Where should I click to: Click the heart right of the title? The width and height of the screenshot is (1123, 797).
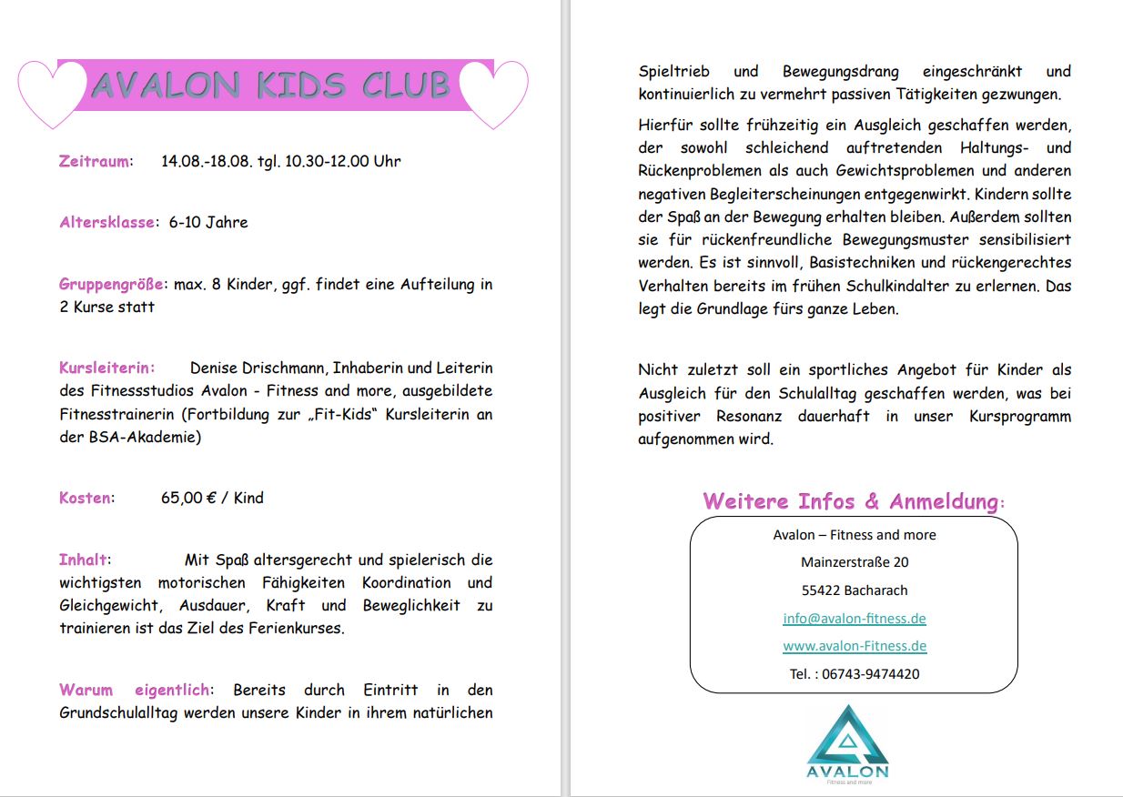(494, 92)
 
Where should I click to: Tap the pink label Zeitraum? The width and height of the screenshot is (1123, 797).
(94, 162)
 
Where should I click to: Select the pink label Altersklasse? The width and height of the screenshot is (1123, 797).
(106, 222)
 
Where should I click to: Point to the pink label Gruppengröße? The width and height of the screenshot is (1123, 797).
(113, 284)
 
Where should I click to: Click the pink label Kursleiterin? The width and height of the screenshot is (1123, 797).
(106, 368)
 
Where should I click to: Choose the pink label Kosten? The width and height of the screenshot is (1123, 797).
(86, 498)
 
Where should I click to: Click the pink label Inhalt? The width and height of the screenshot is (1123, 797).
(83, 560)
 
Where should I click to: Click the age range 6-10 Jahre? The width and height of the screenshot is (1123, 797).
(208, 222)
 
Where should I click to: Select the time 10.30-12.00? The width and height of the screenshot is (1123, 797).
(327, 162)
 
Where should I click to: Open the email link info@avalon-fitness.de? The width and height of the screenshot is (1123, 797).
(855, 619)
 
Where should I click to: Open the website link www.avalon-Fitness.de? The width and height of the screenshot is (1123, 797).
(855, 646)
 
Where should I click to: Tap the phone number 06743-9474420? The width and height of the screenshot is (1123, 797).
(870, 674)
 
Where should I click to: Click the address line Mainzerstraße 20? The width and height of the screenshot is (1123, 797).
(855, 562)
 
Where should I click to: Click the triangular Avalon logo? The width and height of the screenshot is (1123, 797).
(847, 737)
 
